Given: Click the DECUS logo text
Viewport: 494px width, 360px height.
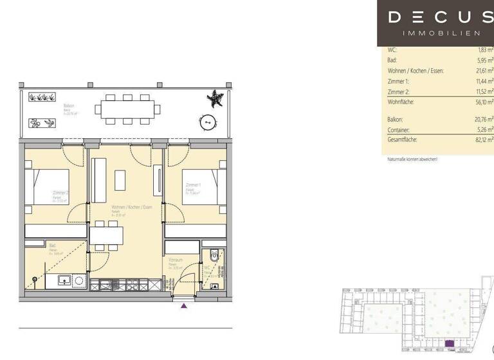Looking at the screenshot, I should click(x=441, y=17).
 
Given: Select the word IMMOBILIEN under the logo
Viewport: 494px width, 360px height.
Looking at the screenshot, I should click(x=441, y=33).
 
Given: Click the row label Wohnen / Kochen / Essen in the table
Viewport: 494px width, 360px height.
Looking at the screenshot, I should click(x=416, y=71).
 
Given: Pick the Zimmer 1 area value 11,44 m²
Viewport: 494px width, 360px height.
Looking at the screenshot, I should click(x=484, y=82).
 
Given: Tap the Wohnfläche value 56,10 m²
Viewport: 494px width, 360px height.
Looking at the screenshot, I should click(x=484, y=102).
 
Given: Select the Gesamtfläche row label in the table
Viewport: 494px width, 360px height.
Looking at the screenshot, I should click(x=403, y=139).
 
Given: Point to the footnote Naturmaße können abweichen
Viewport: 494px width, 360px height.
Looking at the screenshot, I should click(x=412, y=159).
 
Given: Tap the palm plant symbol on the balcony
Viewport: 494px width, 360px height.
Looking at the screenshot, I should click(x=214, y=98).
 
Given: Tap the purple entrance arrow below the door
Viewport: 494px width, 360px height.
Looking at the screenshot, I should click(x=184, y=306).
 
